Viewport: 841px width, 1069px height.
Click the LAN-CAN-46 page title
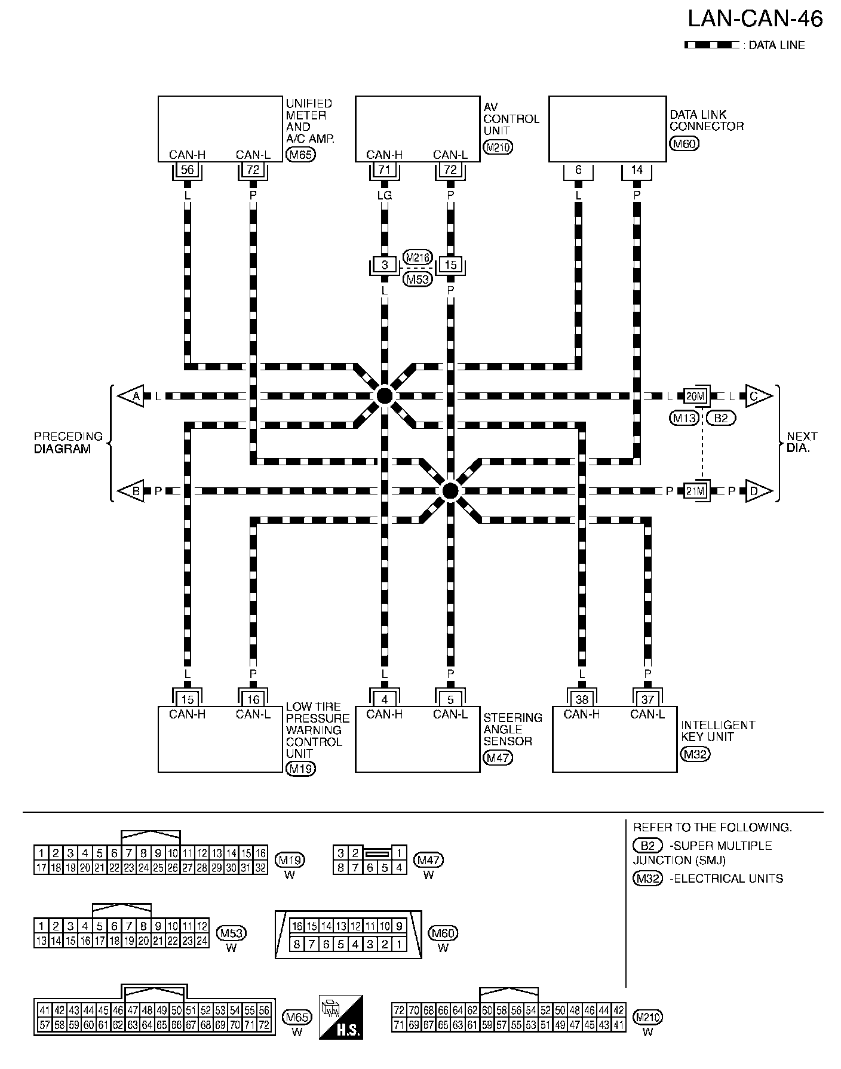click(755, 19)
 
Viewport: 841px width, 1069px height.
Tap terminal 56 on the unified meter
click(187, 170)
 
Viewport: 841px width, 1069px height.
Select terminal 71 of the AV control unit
click(384, 170)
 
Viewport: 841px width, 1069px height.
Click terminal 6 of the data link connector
click(578, 170)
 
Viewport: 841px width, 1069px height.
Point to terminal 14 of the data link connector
click(637, 170)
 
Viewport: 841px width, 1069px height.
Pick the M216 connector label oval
click(418, 257)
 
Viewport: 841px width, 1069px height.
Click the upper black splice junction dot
click(384, 395)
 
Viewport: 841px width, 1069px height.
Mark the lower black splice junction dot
click(450, 491)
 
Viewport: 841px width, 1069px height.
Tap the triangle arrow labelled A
click(132, 396)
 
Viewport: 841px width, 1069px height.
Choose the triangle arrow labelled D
click(757, 491)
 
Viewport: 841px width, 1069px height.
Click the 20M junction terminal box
click(695, 396)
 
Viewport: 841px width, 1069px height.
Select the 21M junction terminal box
click(695, 491)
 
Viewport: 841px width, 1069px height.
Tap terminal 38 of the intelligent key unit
click(582, 699)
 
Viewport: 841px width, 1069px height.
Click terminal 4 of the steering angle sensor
click(384, 699)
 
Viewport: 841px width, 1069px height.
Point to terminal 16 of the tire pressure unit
click(253, 699)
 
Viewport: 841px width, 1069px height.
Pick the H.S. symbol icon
click(341, 1017)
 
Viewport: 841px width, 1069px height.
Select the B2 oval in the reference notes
click(647, 846)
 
